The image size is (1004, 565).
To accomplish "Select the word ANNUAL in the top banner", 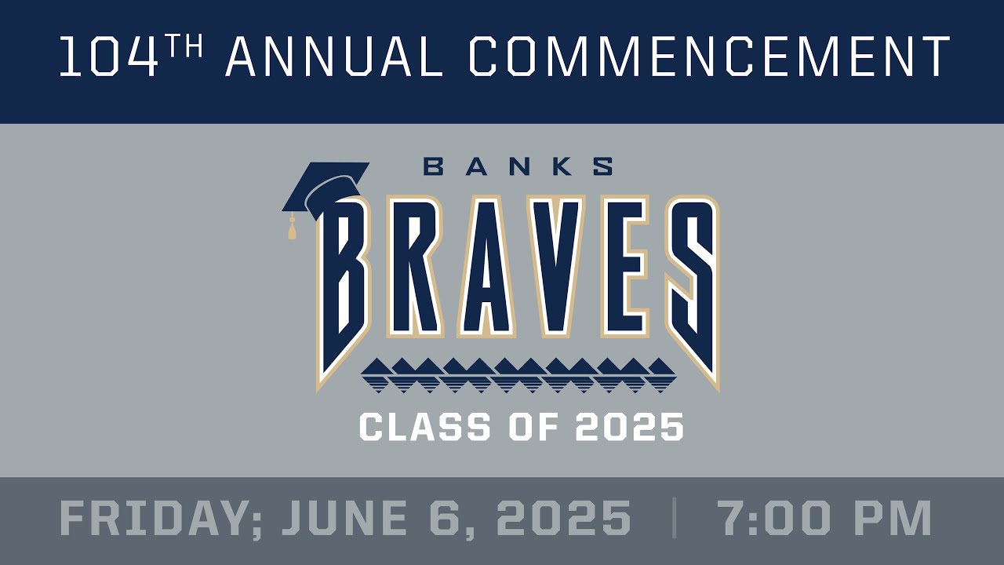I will pyautogui.click(x=334, y=57).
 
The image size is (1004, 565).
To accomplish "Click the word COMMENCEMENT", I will pyautogui.click(x=709, y=57).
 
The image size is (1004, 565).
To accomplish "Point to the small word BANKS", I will pyautogui.click(x=518, y=166).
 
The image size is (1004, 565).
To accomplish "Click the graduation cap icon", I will pyautogui.click(x=323, y=188).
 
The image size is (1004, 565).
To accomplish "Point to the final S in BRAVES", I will pyautogui.click(x=690, y=282).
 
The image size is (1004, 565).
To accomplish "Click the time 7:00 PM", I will pyautogui.click(x=824, y=519).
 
